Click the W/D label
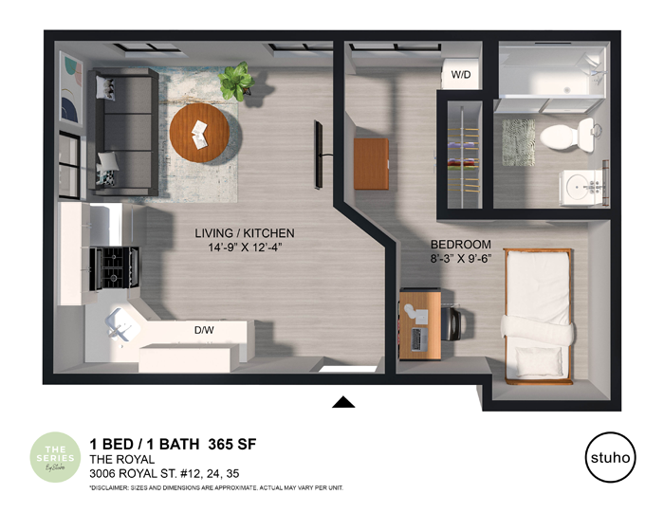[x=461, y=74]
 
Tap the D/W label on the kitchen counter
[x=203, y=331]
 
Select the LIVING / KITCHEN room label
[x=245, y=233]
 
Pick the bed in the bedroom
[x=538, y=315]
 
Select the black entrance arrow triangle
[x=343, y=402]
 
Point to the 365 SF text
[x=229, y=443]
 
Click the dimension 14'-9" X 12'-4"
[x=245, y=247]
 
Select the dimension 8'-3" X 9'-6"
[x=460, y=257]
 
